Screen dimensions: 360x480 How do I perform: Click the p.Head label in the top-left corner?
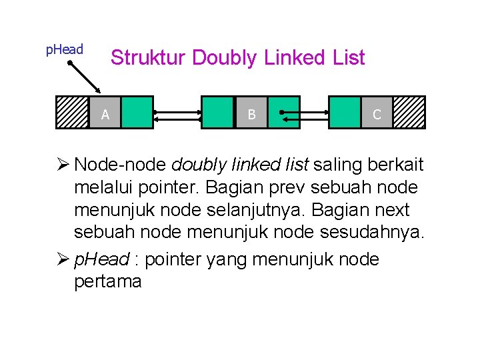(x=64, y=49)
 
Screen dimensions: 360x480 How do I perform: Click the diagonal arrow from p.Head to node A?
(x=85, y=75)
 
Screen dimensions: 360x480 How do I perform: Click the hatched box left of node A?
(x=72, y=112)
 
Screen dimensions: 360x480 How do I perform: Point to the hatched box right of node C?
(x=409, y=112)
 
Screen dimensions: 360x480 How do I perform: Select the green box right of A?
(x=137, y=112)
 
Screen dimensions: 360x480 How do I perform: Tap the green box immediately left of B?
(x=218, y=112)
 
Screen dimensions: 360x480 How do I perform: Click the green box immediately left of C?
(x=345, y=112)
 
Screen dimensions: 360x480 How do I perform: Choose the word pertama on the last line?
(x=108, y=281)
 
